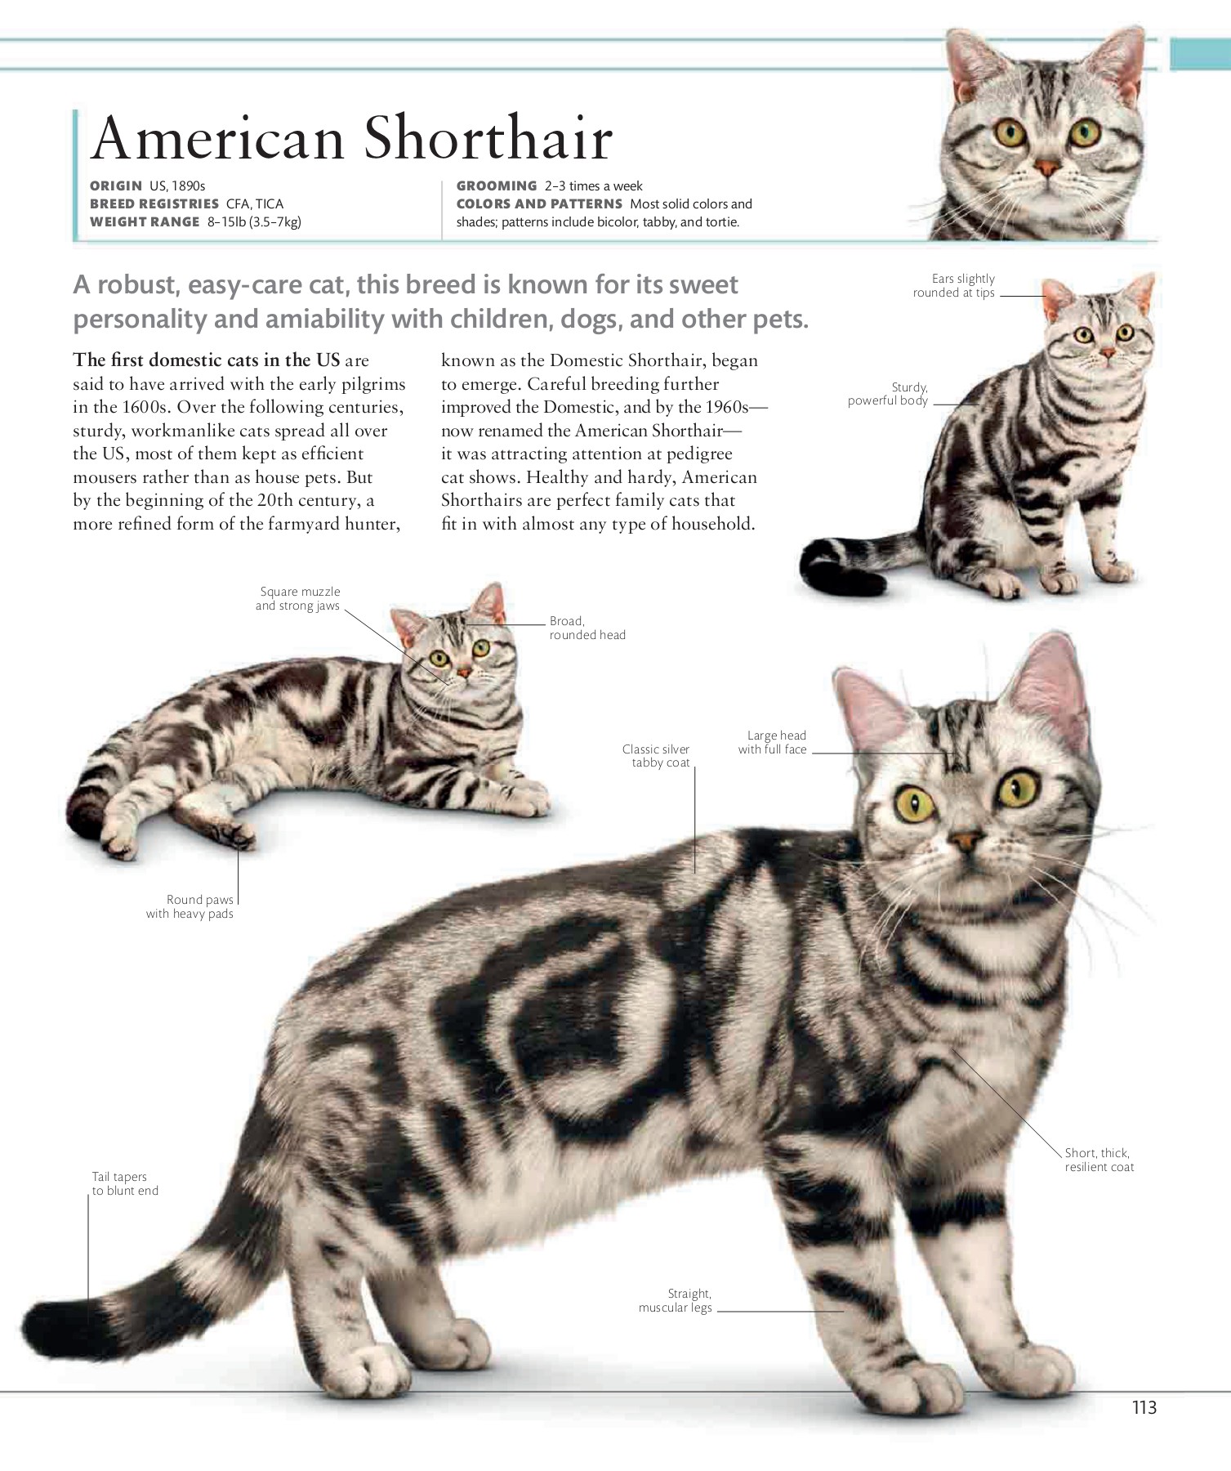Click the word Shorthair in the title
pos(488,138)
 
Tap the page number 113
pos(1144,1407)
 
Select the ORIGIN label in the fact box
pos(116,186)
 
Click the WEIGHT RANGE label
pos(145,222)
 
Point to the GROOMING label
pos(497,186)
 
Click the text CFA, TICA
pos(255,204)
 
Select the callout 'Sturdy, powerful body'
pos(889,394)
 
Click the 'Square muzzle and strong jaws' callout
pos(298,598)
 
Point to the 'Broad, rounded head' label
pos(587,628)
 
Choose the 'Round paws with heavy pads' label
pos(190,906)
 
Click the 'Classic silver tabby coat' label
pos(657,756)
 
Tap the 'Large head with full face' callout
pos(773,742)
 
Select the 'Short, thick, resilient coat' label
pos(1099,1160)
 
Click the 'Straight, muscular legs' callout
pos(676,1300)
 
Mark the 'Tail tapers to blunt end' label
pos(124,1183)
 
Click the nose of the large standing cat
pos(966,840)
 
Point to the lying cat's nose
pos(463,672)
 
